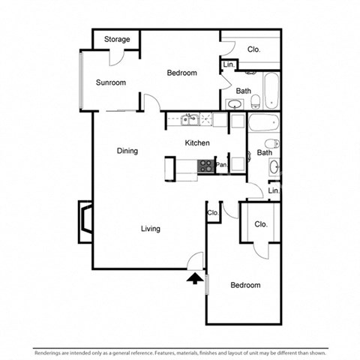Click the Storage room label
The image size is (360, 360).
(x=117, y=39)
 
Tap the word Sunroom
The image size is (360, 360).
(x=110, y=82)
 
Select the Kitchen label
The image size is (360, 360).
(x=197, y=142)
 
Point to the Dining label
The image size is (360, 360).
(x=127, y=151)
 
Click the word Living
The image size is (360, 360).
(x=150, y=229)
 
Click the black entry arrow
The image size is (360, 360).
(x=194, y=279)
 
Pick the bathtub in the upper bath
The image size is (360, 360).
(x=270, y=89)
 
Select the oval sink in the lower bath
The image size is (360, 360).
(x=274, y=166)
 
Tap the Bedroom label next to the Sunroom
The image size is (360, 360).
(x=181, y=73)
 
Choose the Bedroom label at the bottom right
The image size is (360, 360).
(x=245, y=286)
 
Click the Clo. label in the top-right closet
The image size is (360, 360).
(x=253, y=49)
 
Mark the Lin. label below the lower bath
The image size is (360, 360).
(x=274, y=191)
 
